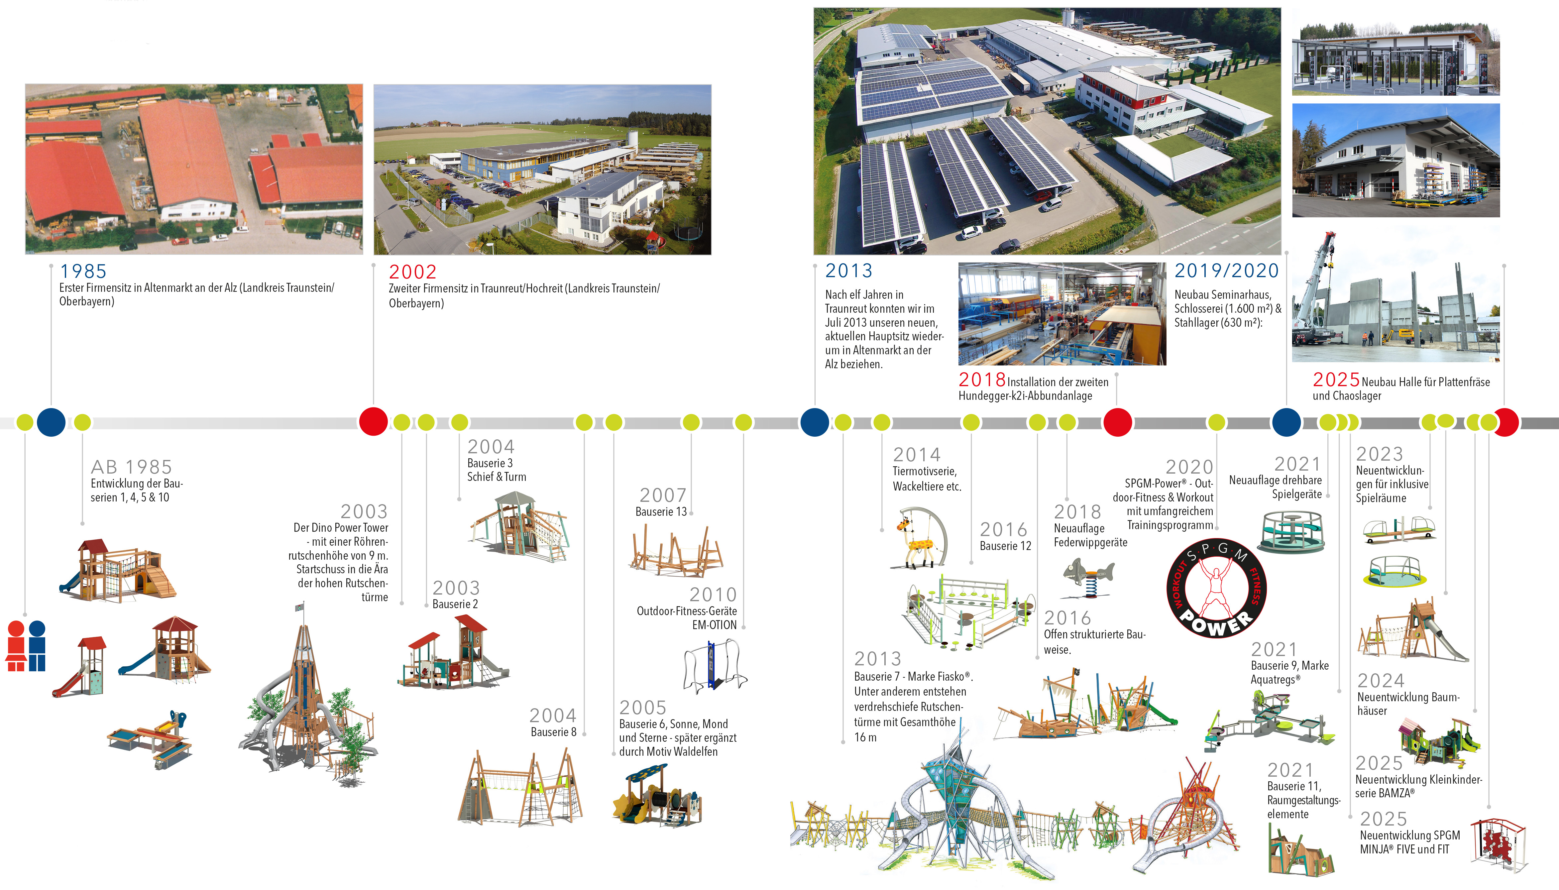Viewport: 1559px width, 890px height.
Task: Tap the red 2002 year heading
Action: click(x=412, y=272)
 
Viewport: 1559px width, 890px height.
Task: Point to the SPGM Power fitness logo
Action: click(x=1216, y=588)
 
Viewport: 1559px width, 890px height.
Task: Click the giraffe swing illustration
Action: click(x=921, y=538)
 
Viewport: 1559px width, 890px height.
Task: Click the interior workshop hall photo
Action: click(x=1061, y=314)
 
